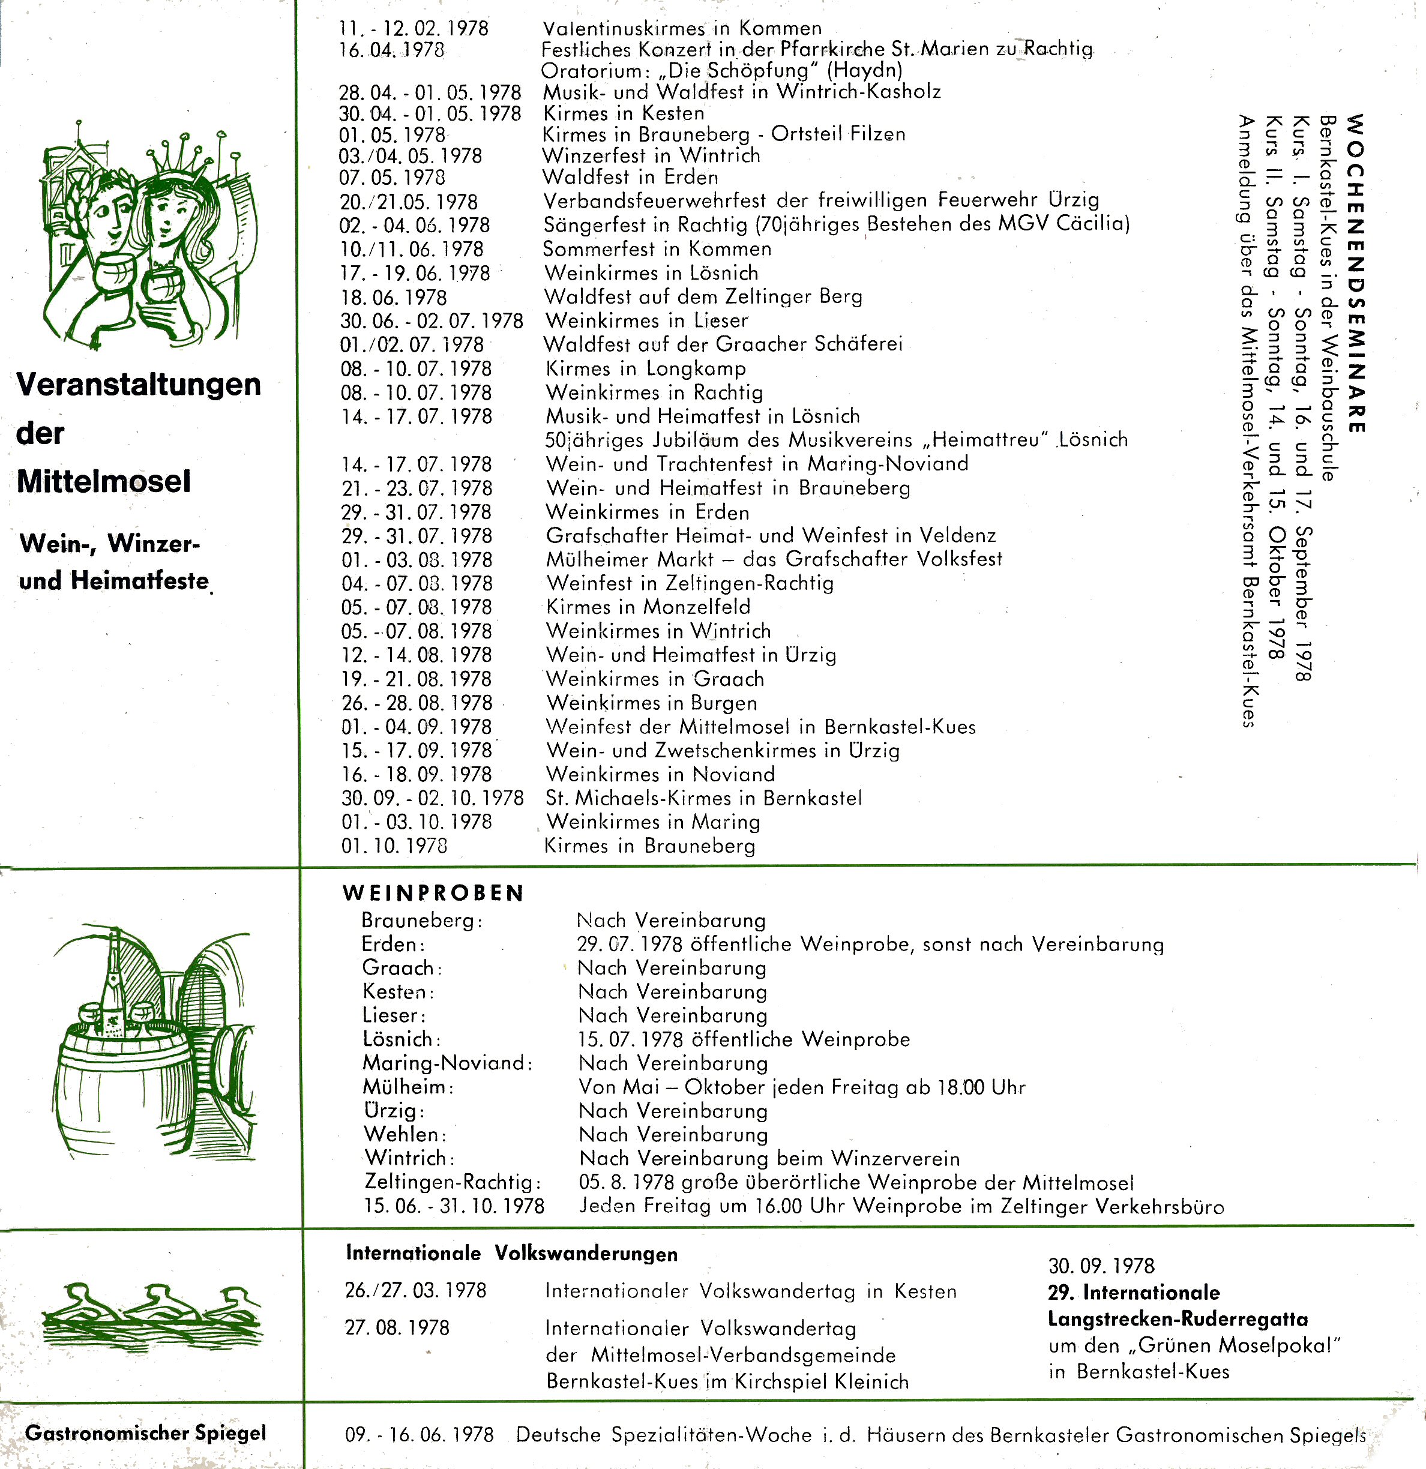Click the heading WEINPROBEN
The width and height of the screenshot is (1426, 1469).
pos(433,893)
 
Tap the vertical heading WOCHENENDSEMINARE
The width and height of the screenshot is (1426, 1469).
pos(1356,274)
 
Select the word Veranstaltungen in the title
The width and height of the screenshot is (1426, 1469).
pos(139,385)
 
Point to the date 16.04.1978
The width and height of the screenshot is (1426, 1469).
pos(391,50)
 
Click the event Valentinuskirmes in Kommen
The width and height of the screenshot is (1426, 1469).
pos(682,28)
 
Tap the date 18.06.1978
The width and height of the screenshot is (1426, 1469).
pos(394,298)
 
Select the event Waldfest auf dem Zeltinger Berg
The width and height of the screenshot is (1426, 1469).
pos(703,297)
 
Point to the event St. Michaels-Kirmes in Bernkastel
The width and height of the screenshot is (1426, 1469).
pos(703,798)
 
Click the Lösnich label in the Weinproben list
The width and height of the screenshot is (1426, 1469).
pos(401,1039)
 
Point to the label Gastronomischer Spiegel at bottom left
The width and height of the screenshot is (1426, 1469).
pos(145,1432)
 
